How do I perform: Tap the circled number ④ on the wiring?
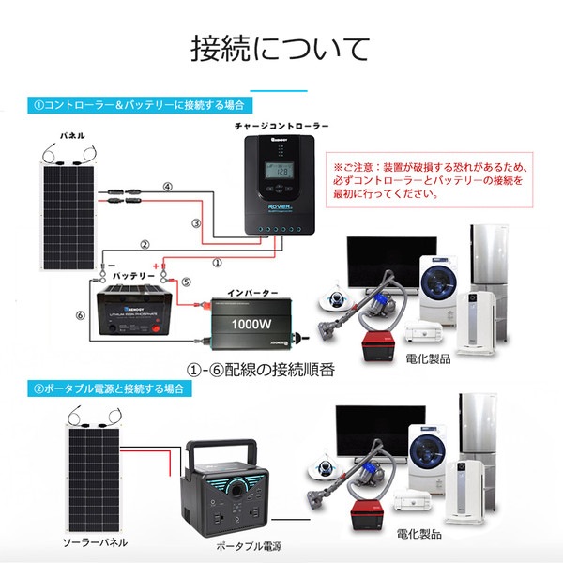coord(168,187)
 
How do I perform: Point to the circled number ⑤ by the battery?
coord(186,281)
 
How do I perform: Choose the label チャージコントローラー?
coord(281,124)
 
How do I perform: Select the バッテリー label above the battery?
coord(133,278)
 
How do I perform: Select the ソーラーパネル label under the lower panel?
coord(94,542)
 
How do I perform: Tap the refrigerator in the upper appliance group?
coord(489,266)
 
